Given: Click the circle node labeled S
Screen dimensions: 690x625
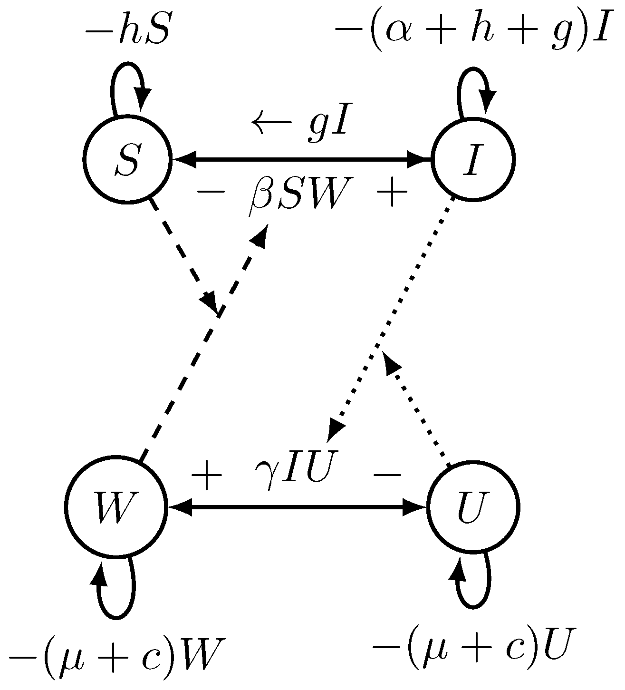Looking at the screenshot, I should point(126,159).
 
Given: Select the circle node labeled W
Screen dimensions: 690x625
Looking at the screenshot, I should point(115,507).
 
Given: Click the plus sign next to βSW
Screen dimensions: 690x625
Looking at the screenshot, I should point(392,193).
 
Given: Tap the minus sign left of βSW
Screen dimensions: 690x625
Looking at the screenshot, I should point(211,193).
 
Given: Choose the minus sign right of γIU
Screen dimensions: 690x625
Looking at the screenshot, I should point(388,475).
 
